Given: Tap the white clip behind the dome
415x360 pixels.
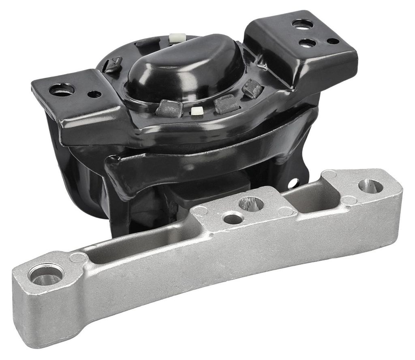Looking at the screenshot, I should point(177,38).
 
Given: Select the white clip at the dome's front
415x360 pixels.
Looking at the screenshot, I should point(197,111).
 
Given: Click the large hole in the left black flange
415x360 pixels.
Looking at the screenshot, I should point(62,89).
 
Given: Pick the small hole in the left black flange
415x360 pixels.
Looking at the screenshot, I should point(94,94).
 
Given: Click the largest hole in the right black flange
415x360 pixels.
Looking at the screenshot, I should point(302,24).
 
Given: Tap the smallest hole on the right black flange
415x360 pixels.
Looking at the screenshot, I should point(333,41).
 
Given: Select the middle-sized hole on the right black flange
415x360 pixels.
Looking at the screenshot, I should point(307,43).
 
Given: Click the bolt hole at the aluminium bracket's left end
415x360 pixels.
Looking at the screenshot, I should point(46,275).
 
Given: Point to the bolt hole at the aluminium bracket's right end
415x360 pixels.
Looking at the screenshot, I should point(370,186).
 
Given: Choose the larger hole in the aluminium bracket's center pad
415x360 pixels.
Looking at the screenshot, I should point(251,203).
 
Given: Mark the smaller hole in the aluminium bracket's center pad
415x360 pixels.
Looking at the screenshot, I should point(233,219).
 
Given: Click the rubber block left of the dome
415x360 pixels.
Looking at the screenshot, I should point(113,65).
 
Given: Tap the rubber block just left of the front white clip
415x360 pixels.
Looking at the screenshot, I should point(169,109).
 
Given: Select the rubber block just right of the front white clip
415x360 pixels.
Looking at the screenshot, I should point(227,104).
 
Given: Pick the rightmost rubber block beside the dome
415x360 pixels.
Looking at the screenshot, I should point(252,88).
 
